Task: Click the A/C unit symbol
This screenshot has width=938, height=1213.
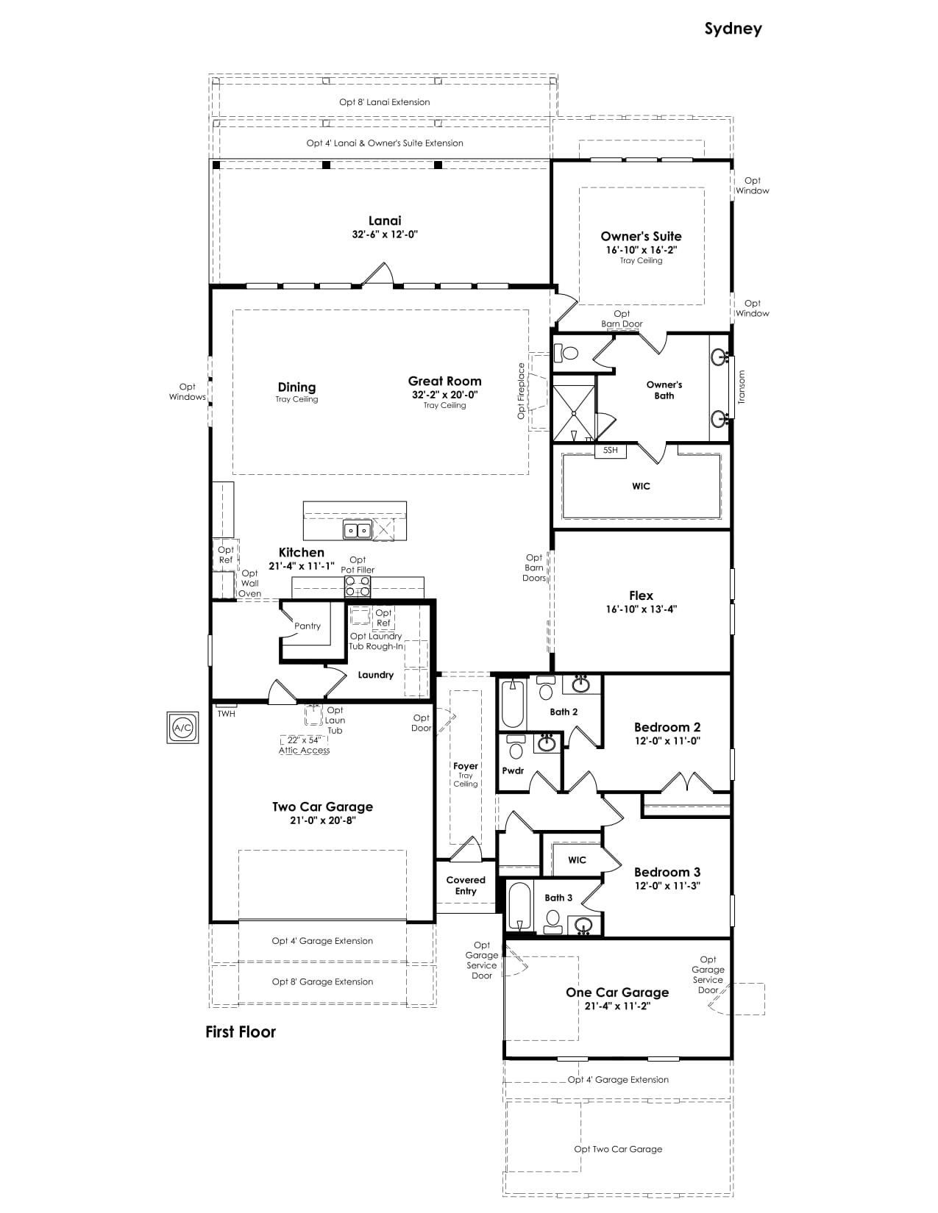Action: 182,727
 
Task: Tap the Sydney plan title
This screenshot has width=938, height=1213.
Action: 733,29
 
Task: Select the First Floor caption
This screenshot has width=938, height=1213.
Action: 241,1031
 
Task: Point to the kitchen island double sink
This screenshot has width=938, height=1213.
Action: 357,530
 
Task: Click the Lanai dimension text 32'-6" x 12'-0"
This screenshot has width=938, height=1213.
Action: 384,235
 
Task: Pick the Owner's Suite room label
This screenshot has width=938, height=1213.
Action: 641,236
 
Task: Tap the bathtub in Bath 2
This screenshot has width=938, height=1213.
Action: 513,704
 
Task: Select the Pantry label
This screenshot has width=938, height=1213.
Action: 308,626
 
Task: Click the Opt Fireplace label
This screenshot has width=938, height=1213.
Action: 521,391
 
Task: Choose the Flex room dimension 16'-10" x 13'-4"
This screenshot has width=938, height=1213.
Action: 641,609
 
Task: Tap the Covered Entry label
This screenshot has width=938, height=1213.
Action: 466,885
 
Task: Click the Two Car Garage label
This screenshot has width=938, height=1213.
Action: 322,806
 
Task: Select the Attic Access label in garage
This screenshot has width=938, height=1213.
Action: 304,751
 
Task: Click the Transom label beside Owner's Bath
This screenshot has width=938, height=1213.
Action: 742,387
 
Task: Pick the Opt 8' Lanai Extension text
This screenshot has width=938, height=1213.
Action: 384,102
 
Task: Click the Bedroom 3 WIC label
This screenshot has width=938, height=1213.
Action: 577,859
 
